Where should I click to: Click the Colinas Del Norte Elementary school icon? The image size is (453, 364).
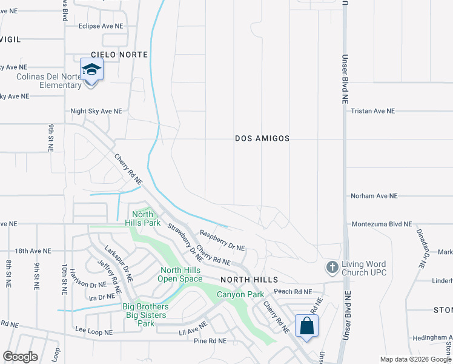point(91,70)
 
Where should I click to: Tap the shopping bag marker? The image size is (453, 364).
point(307,326)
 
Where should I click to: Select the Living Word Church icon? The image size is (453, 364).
point(332,266)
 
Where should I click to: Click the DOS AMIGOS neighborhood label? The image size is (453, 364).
point(262,138)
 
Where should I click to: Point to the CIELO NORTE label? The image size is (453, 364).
point(119,55)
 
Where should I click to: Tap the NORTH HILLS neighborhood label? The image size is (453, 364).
point(249,280)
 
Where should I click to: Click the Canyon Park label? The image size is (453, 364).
point(240,294)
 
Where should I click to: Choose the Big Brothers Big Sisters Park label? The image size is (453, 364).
point(145,315)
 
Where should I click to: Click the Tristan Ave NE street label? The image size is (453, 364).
point(372,111)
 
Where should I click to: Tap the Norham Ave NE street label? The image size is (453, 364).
point(374,196)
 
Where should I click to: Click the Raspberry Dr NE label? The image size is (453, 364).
point(222,240)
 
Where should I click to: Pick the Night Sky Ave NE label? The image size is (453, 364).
point(96,111)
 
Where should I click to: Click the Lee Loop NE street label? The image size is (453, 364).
point(94,332)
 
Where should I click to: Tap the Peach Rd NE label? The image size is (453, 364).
point(293,292)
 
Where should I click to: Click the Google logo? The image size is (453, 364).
point(20,357)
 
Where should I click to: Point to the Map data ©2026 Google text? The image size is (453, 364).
point(415,359)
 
